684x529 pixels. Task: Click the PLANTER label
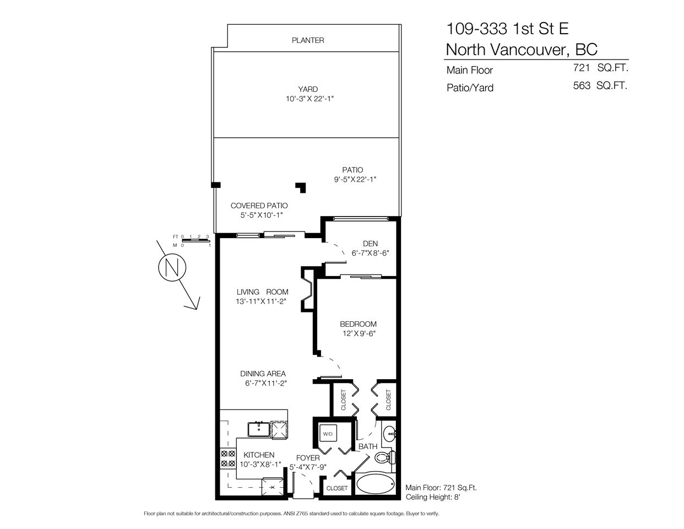(x=308, y=40)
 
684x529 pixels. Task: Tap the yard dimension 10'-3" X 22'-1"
(x=310, y=99)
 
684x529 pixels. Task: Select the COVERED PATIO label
(x=259, y=206)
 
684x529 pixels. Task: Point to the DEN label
(x=370, y=244)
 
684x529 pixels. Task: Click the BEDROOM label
(x=358, y=324)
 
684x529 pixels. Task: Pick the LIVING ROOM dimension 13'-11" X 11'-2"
(x=261, y=301)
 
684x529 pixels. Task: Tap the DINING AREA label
(x=263, y=374)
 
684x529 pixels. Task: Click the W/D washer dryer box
(x=328, y=434)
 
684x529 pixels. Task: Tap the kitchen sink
(x=259, y=429)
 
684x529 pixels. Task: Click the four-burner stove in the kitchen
(x=227, y=458)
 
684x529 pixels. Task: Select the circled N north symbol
(x=172, y=267)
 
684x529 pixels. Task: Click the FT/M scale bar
(x=196, y=241)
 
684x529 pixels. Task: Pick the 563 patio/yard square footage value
(x=582, y=85)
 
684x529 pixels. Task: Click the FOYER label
(x=308, y=458)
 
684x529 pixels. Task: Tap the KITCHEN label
(x=259, y=455)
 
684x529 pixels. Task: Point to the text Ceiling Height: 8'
(x=433, y=497)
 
